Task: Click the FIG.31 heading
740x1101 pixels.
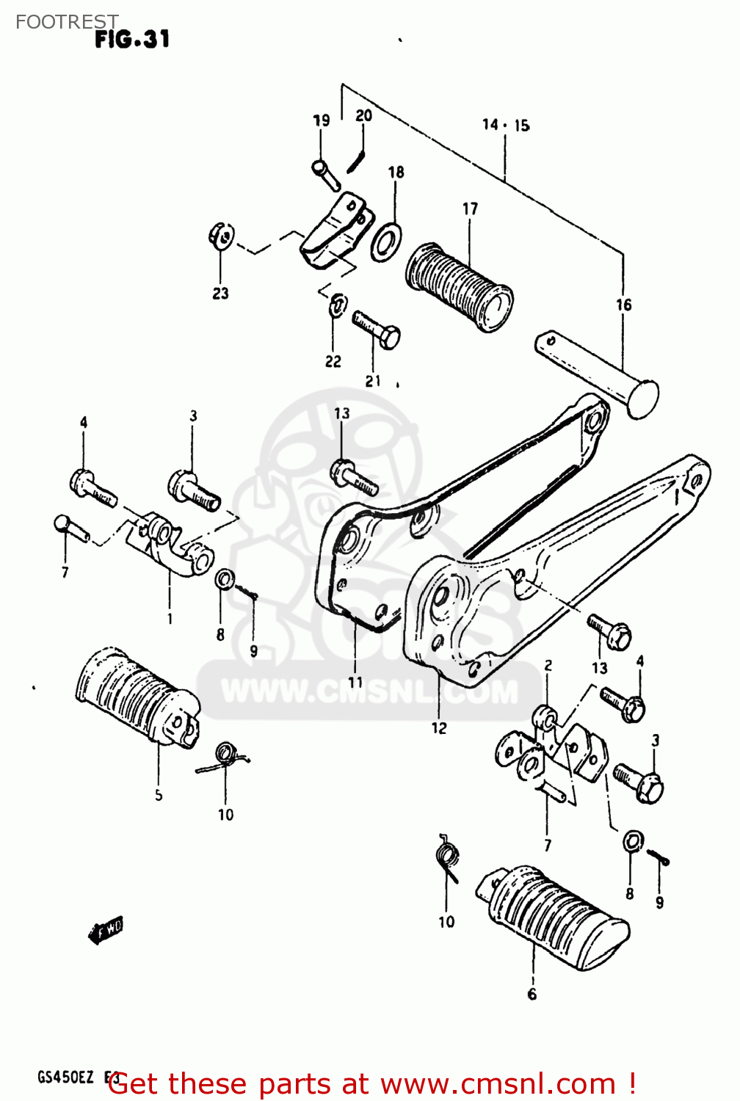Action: pyautogui.click(x=132, y=39)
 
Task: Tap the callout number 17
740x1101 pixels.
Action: pyautogui.click(x=470, y=209)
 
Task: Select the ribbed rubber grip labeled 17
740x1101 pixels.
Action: pyautogui.click(x=458, y=287)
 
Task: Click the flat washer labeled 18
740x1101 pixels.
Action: pyautogui.click(x=386, y=242)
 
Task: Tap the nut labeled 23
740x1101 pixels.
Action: pyautogui.click(x=220, y=236)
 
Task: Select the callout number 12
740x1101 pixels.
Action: pyautogui.click(x=438, y=728)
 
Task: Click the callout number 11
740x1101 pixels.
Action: pyautogui.click(x=355, y=682)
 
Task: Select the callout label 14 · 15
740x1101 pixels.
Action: pyautogui.click(x=506, y=126)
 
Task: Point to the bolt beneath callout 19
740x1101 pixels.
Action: pyautogui.click(x=325, y=175)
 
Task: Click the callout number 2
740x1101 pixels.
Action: pyautogui.click(x=548, y=666)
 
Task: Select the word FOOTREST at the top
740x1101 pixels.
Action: pyautogui.click(x=67, y=22)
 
